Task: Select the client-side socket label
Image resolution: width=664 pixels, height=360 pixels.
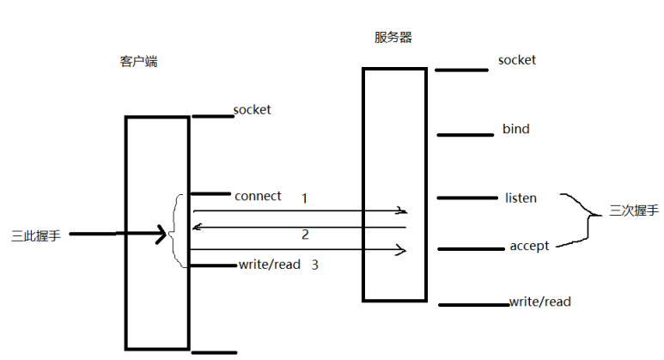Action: [252, 110]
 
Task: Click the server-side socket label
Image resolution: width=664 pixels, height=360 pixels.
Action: [517, 60]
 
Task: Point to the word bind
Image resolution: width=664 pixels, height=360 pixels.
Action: [516, 130]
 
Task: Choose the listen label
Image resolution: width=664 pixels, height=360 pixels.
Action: [521, 198]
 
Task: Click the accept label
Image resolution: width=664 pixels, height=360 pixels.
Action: [529, 247]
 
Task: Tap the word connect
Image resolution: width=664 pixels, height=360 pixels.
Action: [258, 196]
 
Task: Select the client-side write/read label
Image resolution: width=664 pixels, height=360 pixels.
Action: [270, 265]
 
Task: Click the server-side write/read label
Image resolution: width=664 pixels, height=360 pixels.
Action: [540, 302]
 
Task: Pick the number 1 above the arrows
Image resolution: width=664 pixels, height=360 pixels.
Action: [304, 198]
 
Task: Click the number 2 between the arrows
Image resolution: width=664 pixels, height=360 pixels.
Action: [305, 235]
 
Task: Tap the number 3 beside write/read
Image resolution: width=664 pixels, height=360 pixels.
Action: [315, 265]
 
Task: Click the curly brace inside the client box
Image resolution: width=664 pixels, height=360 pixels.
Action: [178, 230]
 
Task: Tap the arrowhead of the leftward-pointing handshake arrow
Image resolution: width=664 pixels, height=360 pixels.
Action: [197, 227]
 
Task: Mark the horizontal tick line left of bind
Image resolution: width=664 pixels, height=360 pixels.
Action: [465, 134]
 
